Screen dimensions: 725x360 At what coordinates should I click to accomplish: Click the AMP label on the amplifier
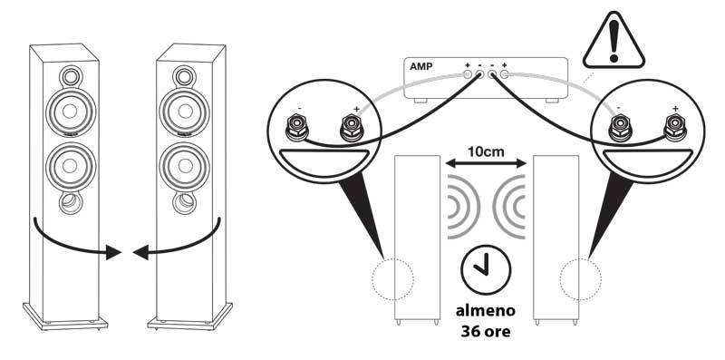point(420,66)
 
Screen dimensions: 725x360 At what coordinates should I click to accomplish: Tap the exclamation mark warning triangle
point(614,41)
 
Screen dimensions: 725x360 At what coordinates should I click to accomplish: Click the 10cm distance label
point(486,151)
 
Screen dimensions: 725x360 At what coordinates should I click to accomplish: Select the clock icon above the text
point(486,271)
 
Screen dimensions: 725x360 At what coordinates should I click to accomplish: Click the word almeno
point(486,310)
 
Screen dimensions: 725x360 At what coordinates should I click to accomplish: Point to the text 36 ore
point(486,332)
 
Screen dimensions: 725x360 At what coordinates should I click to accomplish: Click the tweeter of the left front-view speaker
point(71,76)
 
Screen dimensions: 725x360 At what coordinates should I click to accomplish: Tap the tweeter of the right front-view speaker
point(184,76)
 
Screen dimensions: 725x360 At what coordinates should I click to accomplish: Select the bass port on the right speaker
point(185,202)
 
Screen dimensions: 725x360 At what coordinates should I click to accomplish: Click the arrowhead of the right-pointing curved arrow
point(113,253)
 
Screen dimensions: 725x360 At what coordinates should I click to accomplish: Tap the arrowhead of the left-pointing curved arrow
point(140,253)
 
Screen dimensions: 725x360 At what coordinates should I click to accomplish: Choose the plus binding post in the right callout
point(675,126)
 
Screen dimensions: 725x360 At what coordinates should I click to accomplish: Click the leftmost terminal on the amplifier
point(468,74)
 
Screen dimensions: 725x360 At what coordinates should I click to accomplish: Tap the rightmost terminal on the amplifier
point(504,74)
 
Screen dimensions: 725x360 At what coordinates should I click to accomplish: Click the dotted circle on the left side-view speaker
point(393,279)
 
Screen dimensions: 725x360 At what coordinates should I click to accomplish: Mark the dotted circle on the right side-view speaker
point(580,279)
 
